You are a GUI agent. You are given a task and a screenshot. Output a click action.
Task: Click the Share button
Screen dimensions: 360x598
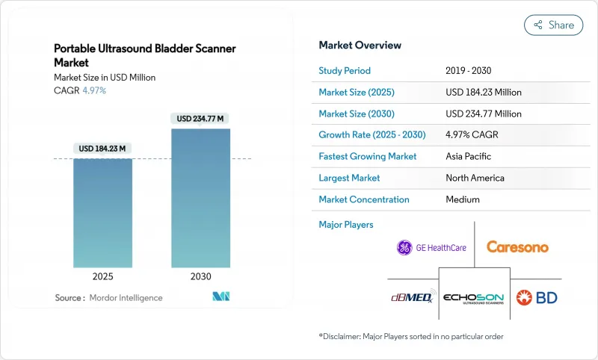tap(554, 25)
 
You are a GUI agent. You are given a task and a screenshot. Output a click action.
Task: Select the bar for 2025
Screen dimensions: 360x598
tap(102, 212)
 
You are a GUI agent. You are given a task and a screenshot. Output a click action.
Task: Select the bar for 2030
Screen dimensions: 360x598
tap(200, 197)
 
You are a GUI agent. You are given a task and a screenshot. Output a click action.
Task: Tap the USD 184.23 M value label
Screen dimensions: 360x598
tap(102, 149)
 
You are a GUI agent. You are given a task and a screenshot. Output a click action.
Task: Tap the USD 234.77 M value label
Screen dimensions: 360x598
tap(200, 119)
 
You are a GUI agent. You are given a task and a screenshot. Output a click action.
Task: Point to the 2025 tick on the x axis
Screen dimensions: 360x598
tap(102, 276)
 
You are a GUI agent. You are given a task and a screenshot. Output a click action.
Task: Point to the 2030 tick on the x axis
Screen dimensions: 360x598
tap(200, 276)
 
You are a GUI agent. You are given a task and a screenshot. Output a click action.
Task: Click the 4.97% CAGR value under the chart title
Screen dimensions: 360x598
tap(93, 90)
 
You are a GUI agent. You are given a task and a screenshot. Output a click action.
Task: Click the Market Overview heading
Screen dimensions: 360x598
tap(360, 46)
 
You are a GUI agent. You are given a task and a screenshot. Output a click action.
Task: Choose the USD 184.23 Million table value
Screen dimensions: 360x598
tap(483, 93)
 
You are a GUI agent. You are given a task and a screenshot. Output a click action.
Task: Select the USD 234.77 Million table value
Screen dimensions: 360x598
tap(483, 114)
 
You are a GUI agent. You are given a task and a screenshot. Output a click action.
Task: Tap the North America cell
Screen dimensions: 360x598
tap(474, 178)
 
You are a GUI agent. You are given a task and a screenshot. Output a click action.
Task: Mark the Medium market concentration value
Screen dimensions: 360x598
tap(462, 199)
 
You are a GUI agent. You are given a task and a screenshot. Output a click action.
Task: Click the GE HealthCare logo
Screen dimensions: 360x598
tap(431, 247)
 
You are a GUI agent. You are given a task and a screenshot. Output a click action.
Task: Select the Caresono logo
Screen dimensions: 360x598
tap(517, 246)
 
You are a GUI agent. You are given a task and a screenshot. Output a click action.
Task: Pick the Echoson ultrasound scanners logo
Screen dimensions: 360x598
tap(473, 298)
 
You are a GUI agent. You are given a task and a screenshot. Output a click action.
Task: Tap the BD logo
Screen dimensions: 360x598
tap(537, 297)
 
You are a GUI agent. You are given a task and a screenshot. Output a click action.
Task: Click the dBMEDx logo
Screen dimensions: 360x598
tap(410, 298)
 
